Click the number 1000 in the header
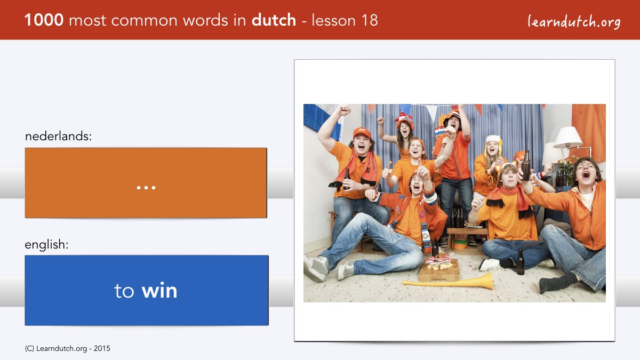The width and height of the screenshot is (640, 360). (44, 20)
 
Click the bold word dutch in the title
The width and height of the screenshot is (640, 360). (274, 20)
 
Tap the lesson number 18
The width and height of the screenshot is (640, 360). (370, 20)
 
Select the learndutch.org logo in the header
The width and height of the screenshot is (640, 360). (574, 21)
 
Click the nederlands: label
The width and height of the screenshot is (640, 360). (58, 137)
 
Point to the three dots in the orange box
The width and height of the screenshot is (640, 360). (146, 188)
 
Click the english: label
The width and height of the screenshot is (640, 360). (46, 245)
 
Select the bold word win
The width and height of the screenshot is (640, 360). (159, 291)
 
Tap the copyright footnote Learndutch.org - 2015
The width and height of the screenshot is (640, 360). (67, 349)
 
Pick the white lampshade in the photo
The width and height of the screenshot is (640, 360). (567, 138)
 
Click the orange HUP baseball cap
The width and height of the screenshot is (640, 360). (362, 133)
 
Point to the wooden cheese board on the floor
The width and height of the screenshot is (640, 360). (439, 270)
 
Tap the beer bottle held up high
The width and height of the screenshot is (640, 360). (526, 166)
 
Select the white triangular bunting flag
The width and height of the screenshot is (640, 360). (431, 113)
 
